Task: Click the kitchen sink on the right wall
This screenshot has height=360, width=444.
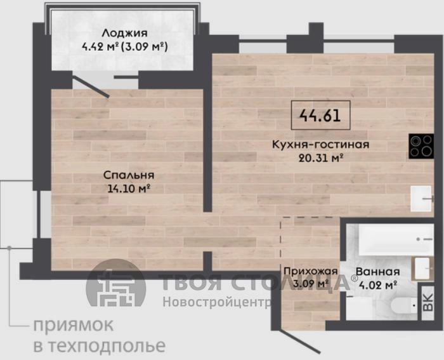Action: tap(421, 198)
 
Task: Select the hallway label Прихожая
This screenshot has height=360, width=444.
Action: tap(306, 271)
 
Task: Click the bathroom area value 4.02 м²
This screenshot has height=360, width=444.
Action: tap(377, 284)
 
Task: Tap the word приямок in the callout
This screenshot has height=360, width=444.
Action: tap(73, 326)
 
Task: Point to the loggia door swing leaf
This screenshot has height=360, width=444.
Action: tap(91, 86)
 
